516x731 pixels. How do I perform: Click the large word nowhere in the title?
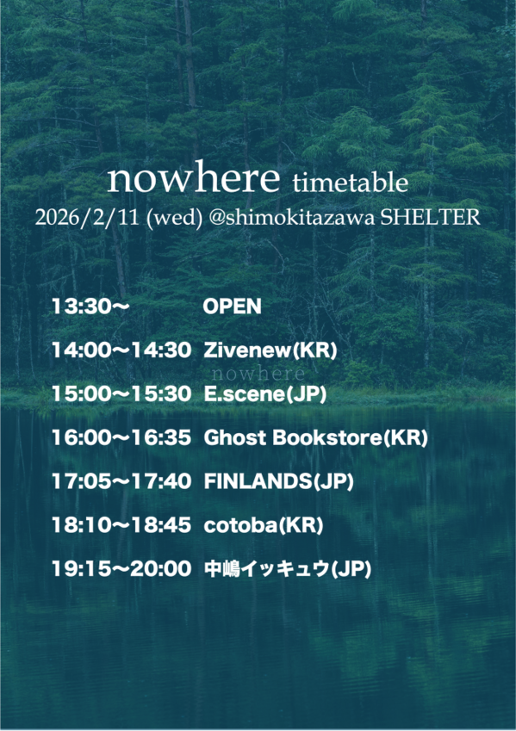pos(194,178)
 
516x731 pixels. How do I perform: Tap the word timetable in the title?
pos(350,183)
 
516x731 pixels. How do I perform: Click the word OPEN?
pos(232,307)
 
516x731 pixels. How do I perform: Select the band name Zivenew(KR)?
pos(270,350)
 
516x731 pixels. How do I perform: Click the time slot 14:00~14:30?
pos(121,350)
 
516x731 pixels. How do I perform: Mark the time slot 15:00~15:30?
pos(121,394)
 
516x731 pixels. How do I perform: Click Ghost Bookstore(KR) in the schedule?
pos(315,437)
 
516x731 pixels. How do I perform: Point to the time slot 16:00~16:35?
pos(121,437)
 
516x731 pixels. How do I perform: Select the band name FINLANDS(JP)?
pos(278,481)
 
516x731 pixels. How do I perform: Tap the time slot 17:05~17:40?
pos(121,481)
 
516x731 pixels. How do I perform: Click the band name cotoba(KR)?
pos(264,525)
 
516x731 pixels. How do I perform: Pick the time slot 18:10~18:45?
pos(121,525)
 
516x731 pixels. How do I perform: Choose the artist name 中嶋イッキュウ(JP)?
pos(287,569)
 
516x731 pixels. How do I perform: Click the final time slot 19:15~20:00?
pos(121,569)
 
